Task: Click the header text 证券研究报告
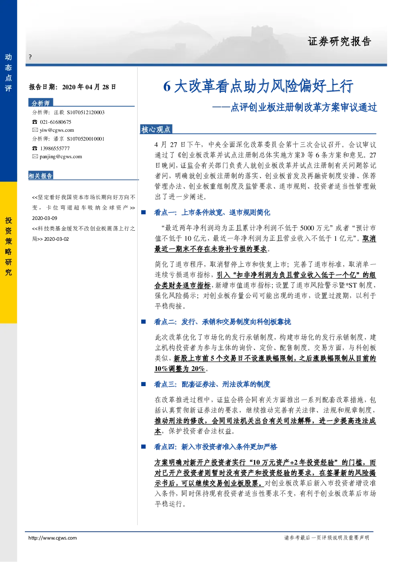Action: click(x=339, y=41)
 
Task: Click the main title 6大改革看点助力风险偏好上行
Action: click(x=258, y=86)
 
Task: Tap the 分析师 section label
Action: click(x=41, y=103)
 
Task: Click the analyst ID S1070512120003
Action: click(x=86, y=113)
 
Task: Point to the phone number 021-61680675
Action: click(x=55, y=122)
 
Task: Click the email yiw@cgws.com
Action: click(x=57, y=130)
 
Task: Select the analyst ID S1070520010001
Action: click(x=86, y=139)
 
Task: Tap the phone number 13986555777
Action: click(x=55, y=148)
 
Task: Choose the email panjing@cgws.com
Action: click(x=61, y=157)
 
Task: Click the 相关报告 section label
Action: click(x=41, y=175)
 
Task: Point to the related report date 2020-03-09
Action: click(x=45, y=218)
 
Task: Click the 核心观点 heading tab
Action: click(x=156, y=129)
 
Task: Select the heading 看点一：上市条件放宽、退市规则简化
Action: click(x=212, y=213)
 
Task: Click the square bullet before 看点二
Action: click(x=144, y=322)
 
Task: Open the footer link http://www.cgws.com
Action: click(x=53, y=538)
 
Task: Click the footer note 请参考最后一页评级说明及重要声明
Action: click(x=327, y=538)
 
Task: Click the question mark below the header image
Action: click(x=30, y=57)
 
